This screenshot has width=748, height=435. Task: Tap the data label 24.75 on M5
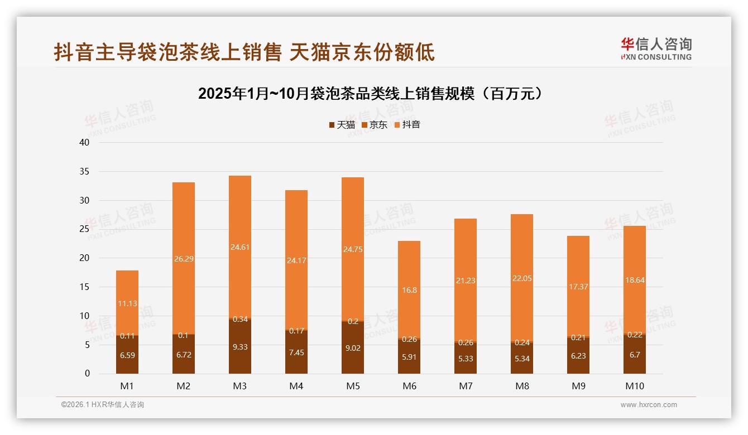(x=353, y=249)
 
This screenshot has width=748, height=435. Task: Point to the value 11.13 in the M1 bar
(x=127, y=303)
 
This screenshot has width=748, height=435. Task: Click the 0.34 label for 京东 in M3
(x=240, y=319)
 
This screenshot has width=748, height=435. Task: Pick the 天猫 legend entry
(x=342, y=125)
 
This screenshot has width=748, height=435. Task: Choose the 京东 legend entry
(x=375, y=125)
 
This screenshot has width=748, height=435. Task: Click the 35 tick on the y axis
(x=84, y=171)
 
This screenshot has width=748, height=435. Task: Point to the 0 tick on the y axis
(x=87, y=374)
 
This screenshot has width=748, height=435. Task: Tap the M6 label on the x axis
(x=409, y=386)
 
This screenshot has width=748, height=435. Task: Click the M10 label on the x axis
(x=634, y=386)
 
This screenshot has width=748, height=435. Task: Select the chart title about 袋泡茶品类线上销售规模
(x=370, y=93)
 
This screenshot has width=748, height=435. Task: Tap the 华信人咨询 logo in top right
(x=656, y=49)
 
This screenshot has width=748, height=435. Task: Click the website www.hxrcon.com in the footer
(x=649, y=405)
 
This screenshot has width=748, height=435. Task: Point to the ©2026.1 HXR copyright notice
(x=102, y=405)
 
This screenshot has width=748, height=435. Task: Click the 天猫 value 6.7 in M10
(x=634, y=355)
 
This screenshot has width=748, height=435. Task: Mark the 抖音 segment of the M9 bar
(x=578, y=286)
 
